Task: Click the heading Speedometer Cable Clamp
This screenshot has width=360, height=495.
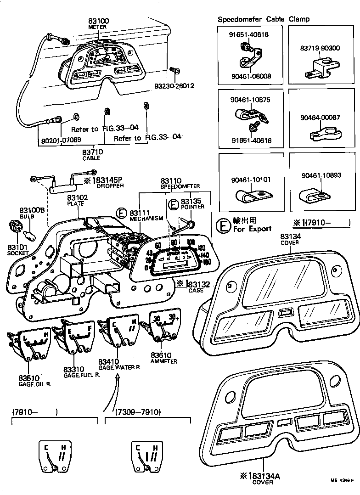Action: [x=263, y=19]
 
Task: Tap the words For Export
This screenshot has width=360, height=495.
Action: [x=252, y=228]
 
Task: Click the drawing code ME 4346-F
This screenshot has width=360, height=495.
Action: [x=342, y=480]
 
